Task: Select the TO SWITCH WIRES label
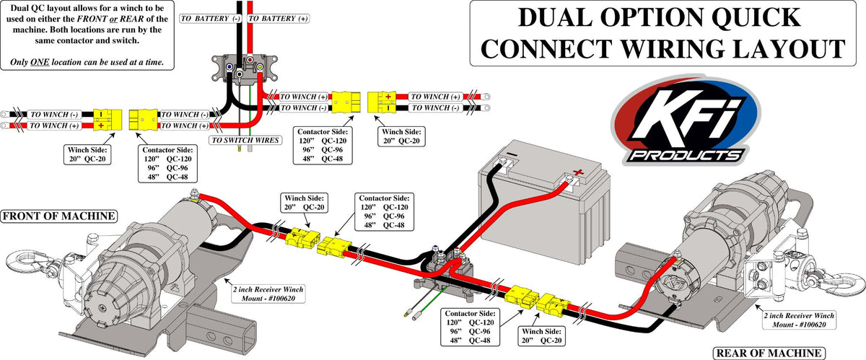(244, 140)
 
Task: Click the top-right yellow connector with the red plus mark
(382, 102)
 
